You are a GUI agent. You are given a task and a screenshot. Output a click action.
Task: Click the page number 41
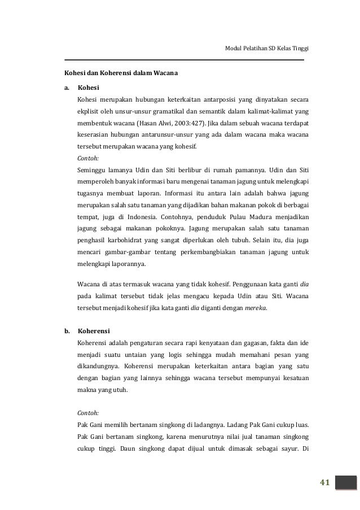click(x=324, y=482)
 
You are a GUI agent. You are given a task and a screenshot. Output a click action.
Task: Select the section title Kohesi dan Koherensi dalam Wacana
click(x=114, y=73)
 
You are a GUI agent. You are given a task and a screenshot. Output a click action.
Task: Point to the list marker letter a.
click(x=66, y=88)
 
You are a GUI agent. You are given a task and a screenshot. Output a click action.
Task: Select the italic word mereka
click(x=256, y=308)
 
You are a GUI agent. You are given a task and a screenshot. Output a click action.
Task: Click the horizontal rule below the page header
click(x=184, y=59)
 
